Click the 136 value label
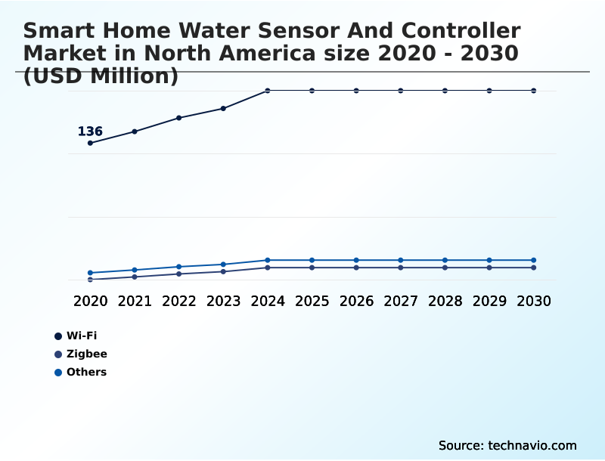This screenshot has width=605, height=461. click(90, 131)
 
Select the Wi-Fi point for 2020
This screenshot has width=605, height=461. click(90, 143)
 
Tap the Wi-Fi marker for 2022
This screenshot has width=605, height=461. click(179, 118)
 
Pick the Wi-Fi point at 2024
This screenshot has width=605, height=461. click(268, 91)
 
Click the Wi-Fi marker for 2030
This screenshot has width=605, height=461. click(534, 91)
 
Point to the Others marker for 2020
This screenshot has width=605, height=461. click(90, 273)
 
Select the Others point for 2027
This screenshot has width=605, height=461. click(401, 260)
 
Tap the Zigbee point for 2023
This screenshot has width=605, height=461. click(223, 271)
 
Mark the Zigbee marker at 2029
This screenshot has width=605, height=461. click(489, 268)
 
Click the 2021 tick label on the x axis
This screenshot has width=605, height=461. click(135, 301)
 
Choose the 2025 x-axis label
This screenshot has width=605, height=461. click(312, 301)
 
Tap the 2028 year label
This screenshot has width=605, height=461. click(445, 301)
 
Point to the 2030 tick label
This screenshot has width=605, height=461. click(534, 301)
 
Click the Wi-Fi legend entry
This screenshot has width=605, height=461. click(82, 336)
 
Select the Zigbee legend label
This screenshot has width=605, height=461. click(87, 354)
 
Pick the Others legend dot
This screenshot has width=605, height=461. click(58, 373)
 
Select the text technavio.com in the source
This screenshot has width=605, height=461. click(532, 445)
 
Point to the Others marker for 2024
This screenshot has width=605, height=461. click(268, 260)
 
